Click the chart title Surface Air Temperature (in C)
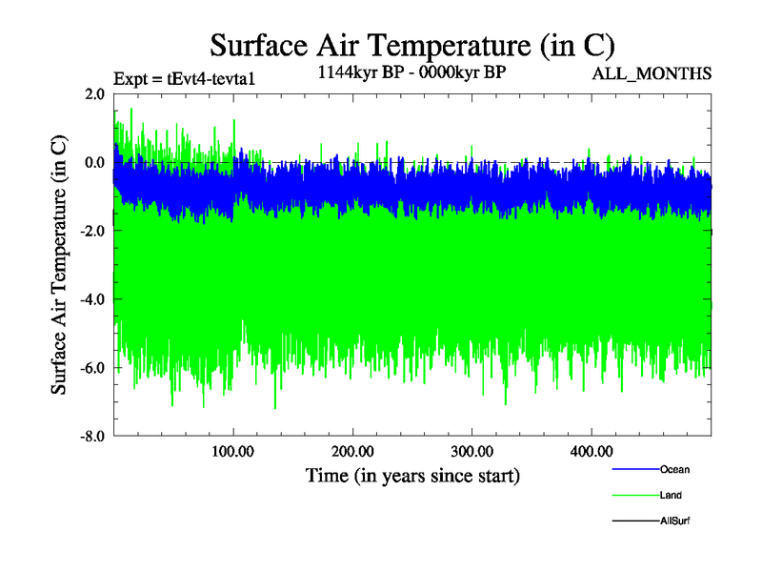click(x=411, y=45)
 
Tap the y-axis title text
click(x=59, y=265)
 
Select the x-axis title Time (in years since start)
click(x=412, y=474)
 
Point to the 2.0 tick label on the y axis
click(x=94, y=93)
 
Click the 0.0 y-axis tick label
click(x=94, y=162)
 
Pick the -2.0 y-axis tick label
click(x=92, y=231)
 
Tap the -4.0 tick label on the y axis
click(x=92, y=299)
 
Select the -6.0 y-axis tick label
click(x=92, y=368)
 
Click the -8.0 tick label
click(x=92, y=437)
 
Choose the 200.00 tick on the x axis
click(x=352, y=451)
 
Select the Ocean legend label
click(x=674, y=469)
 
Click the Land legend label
click(x=671, y=496)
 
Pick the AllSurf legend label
click(x=674, y=521)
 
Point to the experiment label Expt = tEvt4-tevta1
click(x=184, y=79)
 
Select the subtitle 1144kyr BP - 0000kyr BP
click(x=411, y=71)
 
